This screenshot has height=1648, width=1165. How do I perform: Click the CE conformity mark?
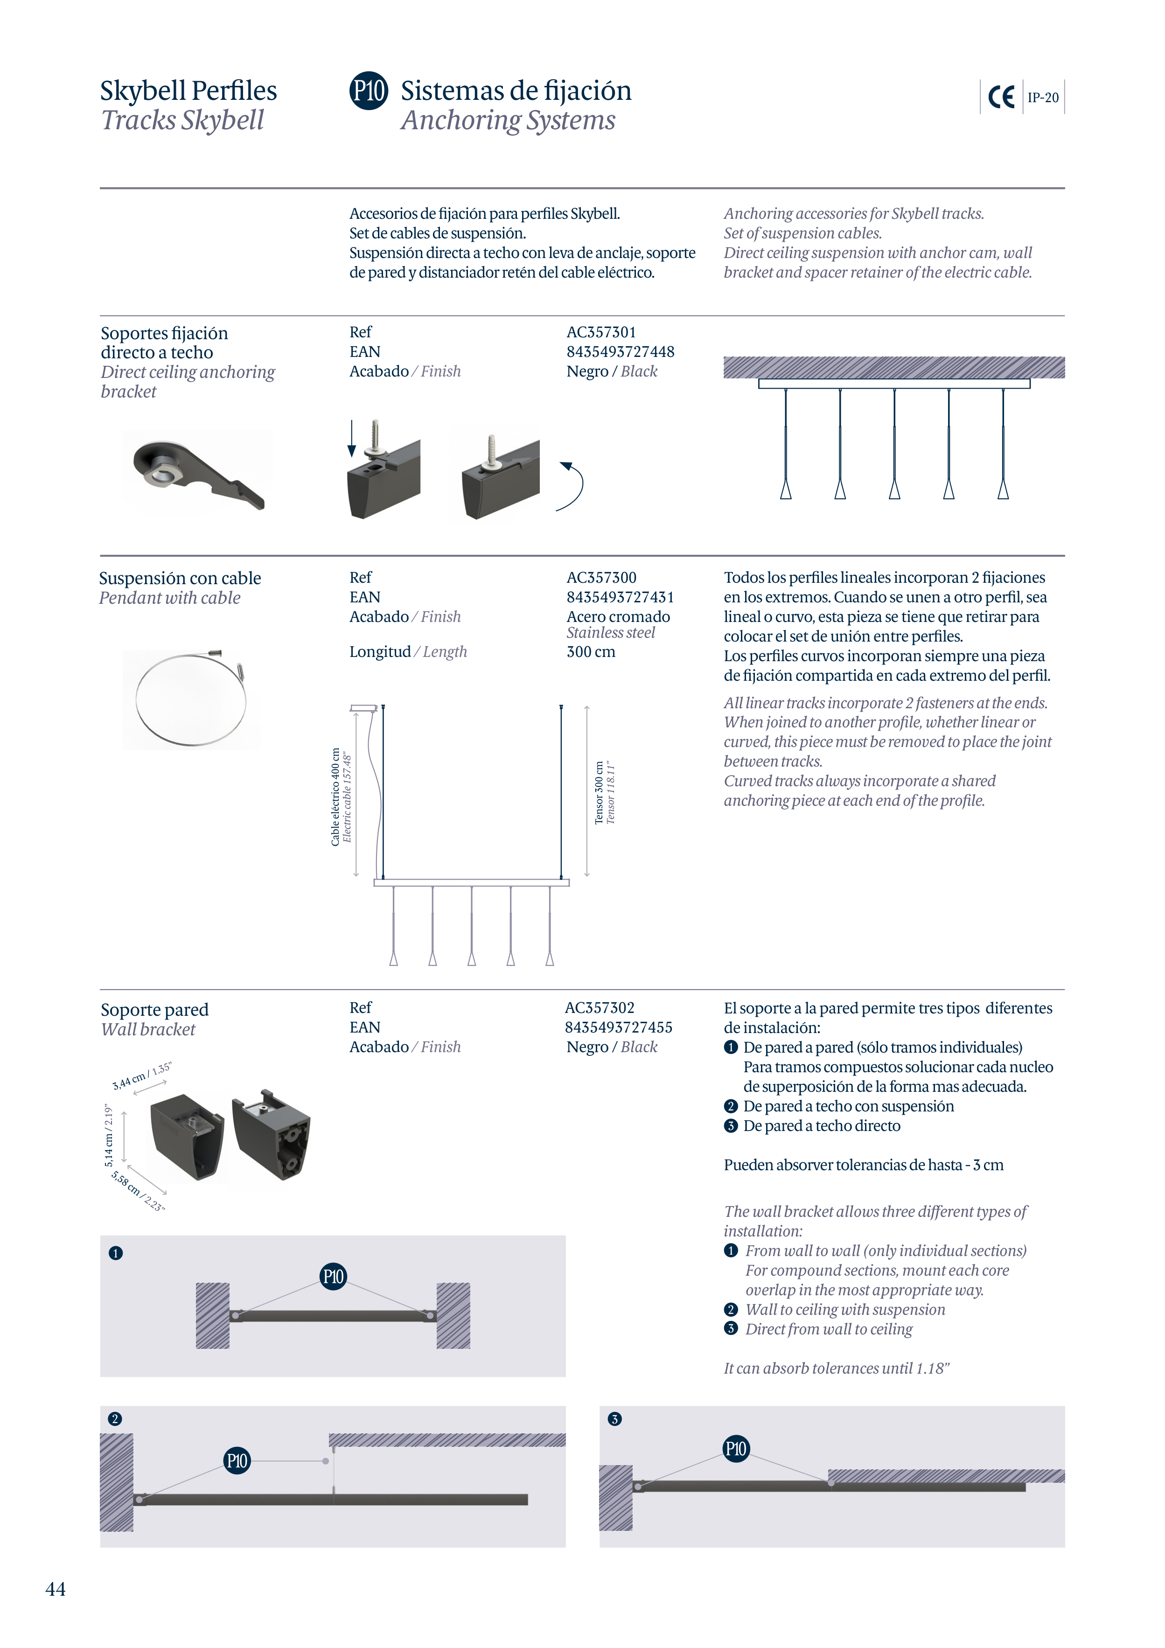(1001, 97)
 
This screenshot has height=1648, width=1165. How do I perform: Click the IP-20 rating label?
(1042, 98)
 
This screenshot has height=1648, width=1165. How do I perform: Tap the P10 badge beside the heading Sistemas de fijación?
(368, 91)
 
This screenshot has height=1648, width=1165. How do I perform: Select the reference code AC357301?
(601, 332)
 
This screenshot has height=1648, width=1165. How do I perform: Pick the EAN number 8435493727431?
(620, 597)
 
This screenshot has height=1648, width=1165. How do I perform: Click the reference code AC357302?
(600, 1008)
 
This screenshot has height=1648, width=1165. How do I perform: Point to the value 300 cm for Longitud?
(590, 652)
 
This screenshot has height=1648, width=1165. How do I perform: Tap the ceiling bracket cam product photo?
(197, 473)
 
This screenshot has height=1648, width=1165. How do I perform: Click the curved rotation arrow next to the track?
(572, 486)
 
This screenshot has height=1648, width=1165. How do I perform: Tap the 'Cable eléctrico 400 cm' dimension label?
(335, 797)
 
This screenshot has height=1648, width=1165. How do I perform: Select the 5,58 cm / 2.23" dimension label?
(138, 1191)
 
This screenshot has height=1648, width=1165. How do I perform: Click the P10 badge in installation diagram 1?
(333, 1276)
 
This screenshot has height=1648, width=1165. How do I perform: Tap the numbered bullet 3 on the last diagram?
(614, 1419)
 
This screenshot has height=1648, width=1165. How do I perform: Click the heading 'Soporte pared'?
(154, 1010)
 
